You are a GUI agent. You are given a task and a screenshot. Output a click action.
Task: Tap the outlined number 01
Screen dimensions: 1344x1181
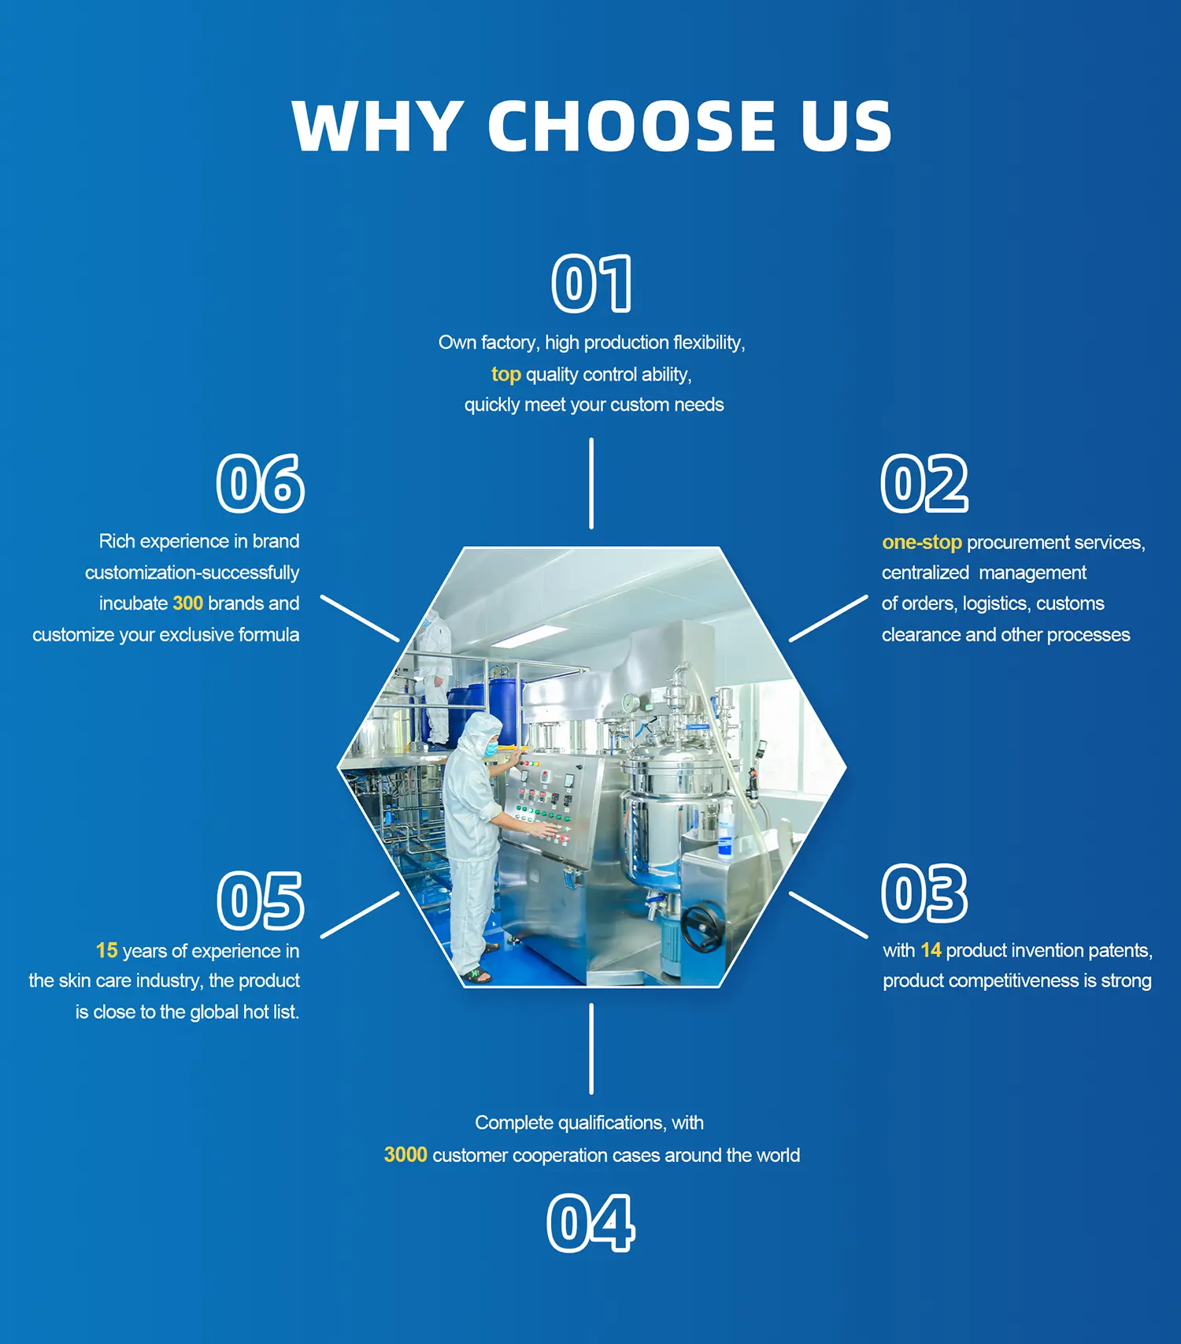click(x=592, y=284)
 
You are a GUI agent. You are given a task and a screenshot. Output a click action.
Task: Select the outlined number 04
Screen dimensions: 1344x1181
click(x=590, y=1223)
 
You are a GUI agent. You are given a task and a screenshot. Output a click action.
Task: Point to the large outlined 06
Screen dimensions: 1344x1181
click(x=261, y=483)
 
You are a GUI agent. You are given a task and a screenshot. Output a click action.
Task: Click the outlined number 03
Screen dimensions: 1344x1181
click(x=924, y=893)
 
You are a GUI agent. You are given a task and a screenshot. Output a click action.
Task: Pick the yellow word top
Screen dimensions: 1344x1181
click(x=506, y=374)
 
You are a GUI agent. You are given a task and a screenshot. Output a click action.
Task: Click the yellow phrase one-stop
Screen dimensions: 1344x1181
click(x=922, y=542)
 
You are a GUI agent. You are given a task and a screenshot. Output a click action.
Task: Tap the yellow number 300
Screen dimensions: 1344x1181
click(x=188, y=603)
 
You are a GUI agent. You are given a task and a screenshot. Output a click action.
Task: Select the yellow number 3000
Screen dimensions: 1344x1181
click(x=405, y=1155)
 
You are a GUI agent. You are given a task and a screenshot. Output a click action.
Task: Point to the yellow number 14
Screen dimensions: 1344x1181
click(x=931, y=950)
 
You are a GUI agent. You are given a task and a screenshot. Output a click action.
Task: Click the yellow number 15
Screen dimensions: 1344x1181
click(x=106, y=951)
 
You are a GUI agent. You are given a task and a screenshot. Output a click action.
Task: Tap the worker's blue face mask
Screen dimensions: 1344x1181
click(x=491, y=748)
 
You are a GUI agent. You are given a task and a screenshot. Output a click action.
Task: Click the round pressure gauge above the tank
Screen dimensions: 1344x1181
click(x=630, y=700)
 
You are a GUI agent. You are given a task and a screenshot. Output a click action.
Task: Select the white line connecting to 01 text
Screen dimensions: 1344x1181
click(x=591, y=483)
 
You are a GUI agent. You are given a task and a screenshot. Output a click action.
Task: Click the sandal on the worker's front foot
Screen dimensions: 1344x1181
click(x=477, y=976)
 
